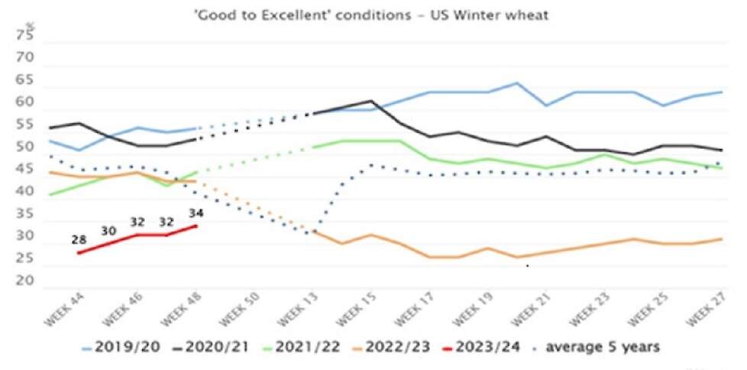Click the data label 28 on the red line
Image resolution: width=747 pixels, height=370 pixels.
pyautogui.click(x=79, y=240)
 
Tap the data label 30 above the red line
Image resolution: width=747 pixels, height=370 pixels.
pyautogui.click(x=108, y=231)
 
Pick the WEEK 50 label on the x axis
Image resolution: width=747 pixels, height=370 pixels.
pyautogui.click(x=239, y=310)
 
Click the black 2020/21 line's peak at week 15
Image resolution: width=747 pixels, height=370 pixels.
pyautogui.click(x=370, y=101)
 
